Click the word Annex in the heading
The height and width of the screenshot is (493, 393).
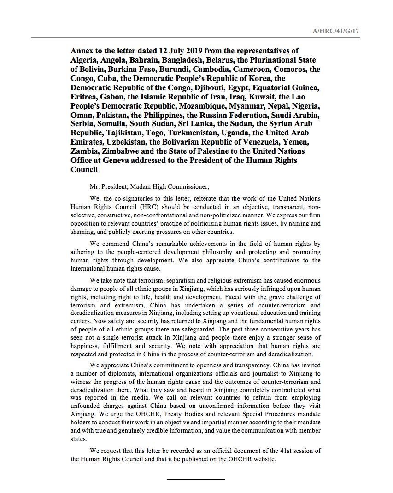coord(82,51)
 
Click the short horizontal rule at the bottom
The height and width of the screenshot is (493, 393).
coord(196,479)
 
